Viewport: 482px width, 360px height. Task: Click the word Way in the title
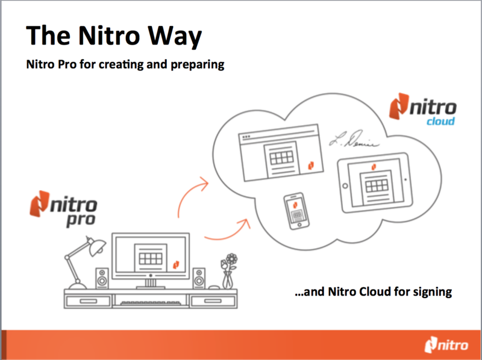click(175, 36)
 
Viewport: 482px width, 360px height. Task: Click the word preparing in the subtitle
click(198, 64)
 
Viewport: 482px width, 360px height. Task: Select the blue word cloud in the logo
click(440, 121)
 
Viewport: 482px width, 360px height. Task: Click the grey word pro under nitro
click(81, 220)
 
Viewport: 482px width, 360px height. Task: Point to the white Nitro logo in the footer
click(446, 345)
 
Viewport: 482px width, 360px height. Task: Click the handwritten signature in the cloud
click(354, 140)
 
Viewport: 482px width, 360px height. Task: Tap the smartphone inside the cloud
click(296, 211)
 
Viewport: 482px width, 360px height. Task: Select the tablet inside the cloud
click(375, 182)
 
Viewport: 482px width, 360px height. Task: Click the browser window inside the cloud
click(281, 153)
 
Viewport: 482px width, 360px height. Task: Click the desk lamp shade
click(96, 247)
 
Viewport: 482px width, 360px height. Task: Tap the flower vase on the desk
click(228, 271)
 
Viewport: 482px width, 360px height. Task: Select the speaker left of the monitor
click(102, 278)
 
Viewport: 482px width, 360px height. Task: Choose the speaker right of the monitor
click(199, 278)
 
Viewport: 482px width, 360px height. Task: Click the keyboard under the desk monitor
click(150, 303)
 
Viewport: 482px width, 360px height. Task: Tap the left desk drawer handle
click(88, 301)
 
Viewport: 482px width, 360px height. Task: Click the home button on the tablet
click(345, 186)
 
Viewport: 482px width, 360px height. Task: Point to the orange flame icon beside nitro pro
click(39, 203)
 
